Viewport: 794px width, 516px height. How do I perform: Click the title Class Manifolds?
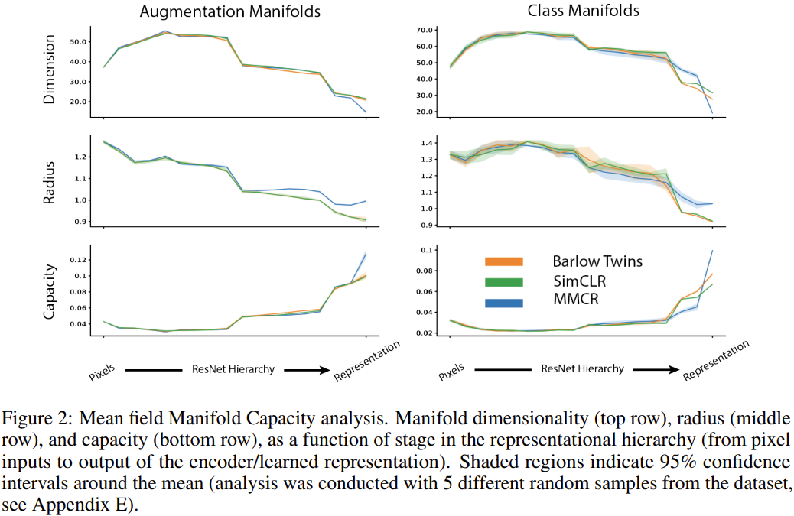584,11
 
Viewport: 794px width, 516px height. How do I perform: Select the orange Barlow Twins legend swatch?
503,261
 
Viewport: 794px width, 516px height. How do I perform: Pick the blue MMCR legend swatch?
503,303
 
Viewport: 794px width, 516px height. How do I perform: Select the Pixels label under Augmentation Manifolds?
101,372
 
